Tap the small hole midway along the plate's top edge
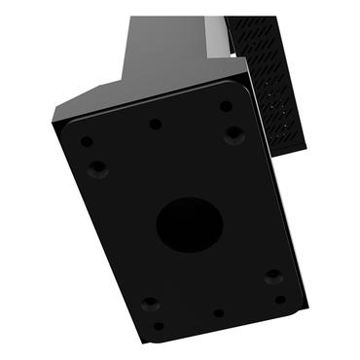[155, 124]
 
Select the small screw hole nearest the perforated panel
[226, 106]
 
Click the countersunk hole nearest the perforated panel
[234, 134]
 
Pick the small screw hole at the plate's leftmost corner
[87, 142]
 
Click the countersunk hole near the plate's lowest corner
[149, 304]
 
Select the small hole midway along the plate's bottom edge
[218, 313]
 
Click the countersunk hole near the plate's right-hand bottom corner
[273, 276]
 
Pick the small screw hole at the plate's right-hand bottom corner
[280, 300]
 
